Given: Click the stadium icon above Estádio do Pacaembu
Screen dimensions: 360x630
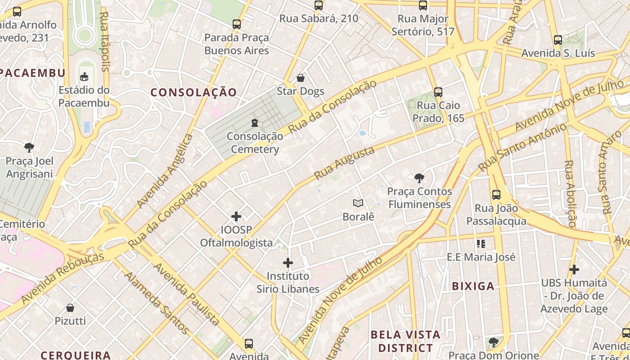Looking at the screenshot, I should (84, 76).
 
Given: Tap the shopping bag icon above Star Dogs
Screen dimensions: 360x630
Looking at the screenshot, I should (301, 78).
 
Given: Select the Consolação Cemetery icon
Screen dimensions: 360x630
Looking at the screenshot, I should (255, 122).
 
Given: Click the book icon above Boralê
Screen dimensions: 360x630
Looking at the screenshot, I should (358, 203).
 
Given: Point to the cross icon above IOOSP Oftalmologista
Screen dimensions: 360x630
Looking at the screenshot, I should (236, 216).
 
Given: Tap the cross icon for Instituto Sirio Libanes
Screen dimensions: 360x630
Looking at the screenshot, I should (288, 263).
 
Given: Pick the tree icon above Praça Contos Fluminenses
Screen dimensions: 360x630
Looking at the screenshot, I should (419, 178).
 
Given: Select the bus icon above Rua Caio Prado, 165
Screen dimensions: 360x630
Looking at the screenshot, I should (438, 92).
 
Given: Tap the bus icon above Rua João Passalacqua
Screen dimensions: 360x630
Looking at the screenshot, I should (496, 195).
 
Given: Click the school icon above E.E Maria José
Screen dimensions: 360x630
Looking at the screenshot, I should (481, 244).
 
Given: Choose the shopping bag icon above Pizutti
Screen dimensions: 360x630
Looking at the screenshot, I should (70, 308).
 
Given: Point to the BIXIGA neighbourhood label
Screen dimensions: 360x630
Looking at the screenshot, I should (473, 286).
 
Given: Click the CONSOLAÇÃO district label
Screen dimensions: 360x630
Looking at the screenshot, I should (193, 93).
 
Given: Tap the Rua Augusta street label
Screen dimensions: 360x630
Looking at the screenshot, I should (344, 163).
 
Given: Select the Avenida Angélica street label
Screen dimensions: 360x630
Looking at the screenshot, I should (165, 171).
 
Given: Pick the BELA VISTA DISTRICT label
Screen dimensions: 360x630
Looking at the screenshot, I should (405, 341).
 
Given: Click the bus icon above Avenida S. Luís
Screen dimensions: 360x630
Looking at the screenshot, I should (558, 40).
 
